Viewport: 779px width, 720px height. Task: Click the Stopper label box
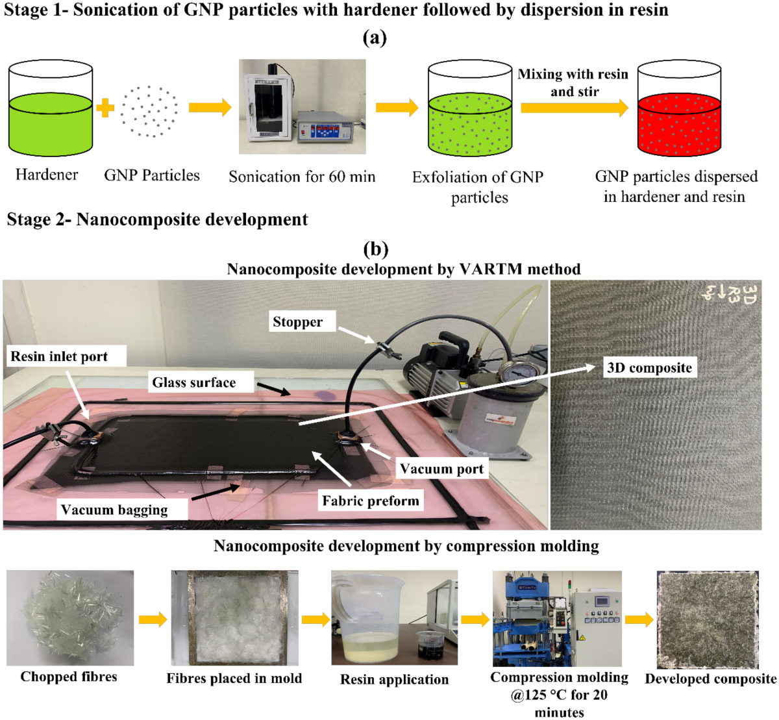pyautogui.click(x=298, y=322)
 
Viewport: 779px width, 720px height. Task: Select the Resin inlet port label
pyautogui.click(x=59, y=356)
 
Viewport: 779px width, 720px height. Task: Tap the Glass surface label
pyautogui.click(x=194, y=382)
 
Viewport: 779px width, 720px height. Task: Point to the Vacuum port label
pyautogui.click(x=441, y=469)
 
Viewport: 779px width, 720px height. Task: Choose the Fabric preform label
pyautogui.click(x=371, y=501)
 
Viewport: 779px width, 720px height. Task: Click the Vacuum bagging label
pyautogui.click(x=114, y=510)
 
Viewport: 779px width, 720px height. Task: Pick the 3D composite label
pyautogui.click(x=649, y=368)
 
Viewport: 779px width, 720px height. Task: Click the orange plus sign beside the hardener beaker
pyautogui.click(x=105, y=108)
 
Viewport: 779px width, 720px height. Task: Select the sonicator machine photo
pyautogui.click(x=302, y=107)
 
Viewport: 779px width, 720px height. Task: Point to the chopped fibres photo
pyautogui.click(x=70, y=617)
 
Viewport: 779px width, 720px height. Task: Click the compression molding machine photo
pyautogui.click(x=556, y=618)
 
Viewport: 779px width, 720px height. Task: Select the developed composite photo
pyautogui.click(x=708, y=619)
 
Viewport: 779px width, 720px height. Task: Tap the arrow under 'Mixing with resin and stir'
pyautogui.click(x=574, y=108)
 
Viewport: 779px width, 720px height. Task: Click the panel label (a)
pyautogui.click(x=375, y=38)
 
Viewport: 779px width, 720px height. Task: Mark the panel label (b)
pyautogui.click(x=376, y=249)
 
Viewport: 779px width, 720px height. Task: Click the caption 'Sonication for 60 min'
pyautogui.click(x=302, y=177)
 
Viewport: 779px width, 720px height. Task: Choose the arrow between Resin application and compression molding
pyautogui.click(x=475, y=619)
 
